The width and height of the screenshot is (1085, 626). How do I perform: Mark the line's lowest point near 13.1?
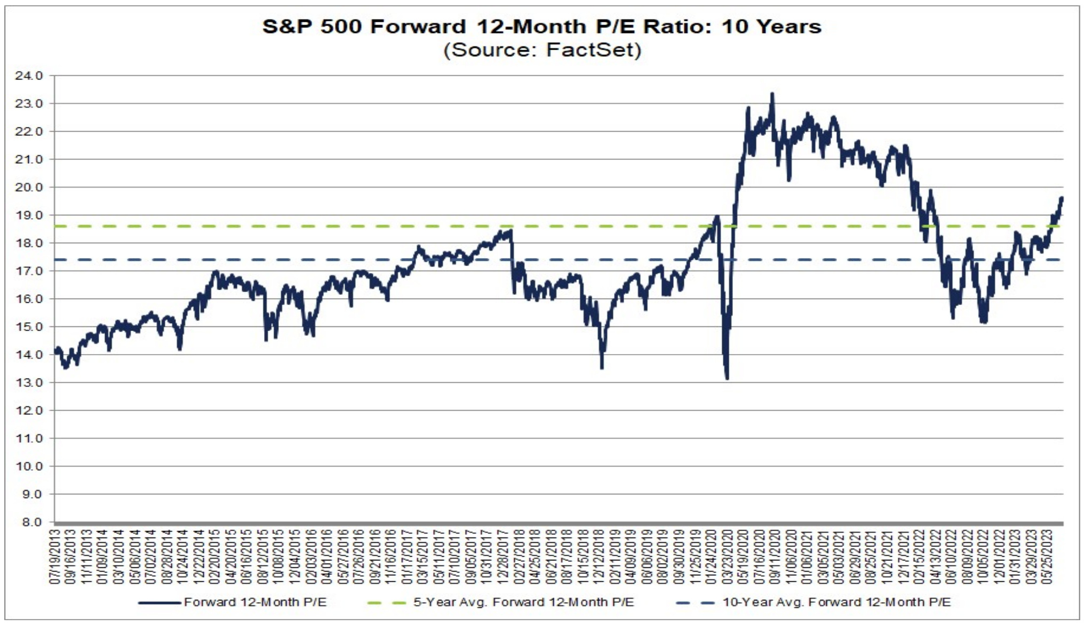[x=727, y=378]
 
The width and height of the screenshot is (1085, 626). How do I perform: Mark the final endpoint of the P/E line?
[x=1062, y=198]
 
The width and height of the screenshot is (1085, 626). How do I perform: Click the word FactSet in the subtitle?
[x=593, y=50]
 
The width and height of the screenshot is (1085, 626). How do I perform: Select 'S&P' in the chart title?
[x=286, y=26]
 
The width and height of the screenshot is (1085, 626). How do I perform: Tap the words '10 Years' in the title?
[x=771, y=26]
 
